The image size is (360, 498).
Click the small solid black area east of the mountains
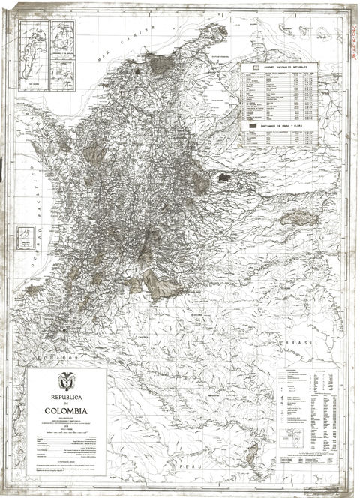(x=224, y=178)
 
